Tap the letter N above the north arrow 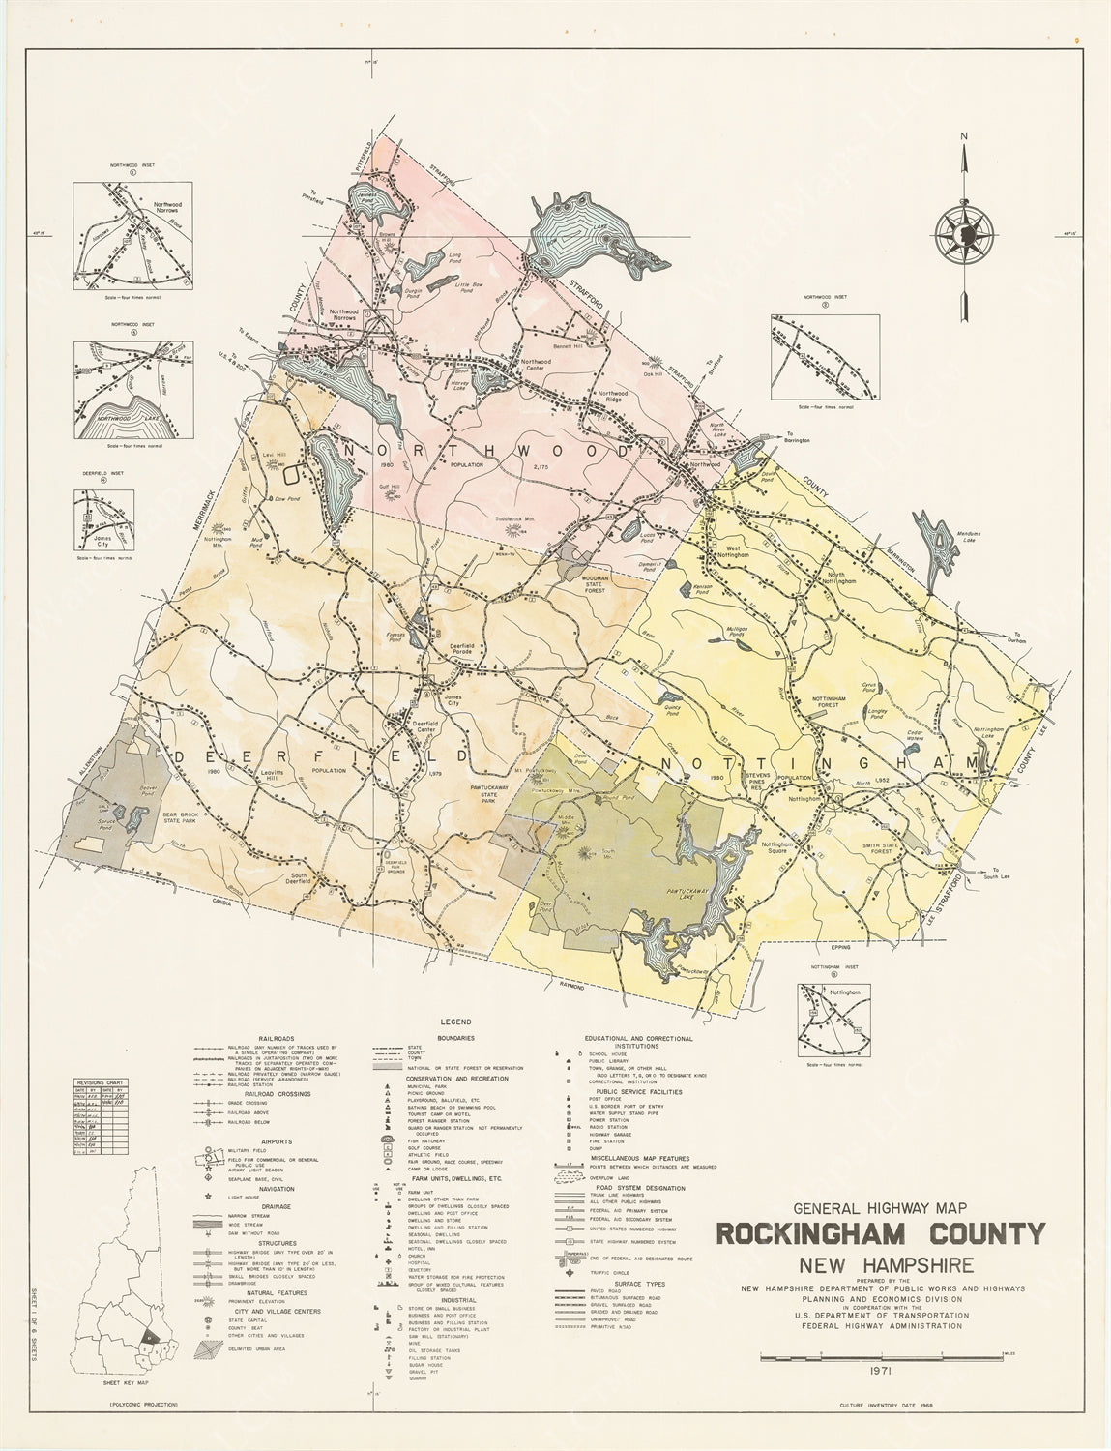[x=964, y=136]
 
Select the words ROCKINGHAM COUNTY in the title [x=880, y=1234]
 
